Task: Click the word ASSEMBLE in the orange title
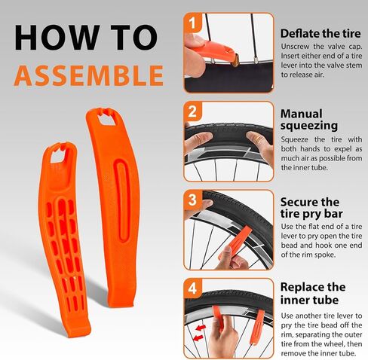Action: [89, 75]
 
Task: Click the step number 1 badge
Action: [192, 23]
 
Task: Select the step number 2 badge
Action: [192, 111]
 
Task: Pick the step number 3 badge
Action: [192, 200]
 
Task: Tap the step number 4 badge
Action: [192, 288]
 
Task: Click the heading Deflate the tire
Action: [320, 33]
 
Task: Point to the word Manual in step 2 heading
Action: [301, 114]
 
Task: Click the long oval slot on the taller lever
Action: [122, 200]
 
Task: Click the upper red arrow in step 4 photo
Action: [201, 328]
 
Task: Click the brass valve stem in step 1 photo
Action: [236, 61]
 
